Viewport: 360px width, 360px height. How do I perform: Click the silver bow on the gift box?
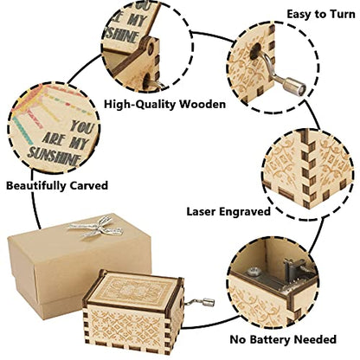click(x=95, y=227)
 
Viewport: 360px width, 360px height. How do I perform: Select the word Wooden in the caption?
click(x=202, y=104)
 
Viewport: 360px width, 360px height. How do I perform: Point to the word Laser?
click(x=201, y=211)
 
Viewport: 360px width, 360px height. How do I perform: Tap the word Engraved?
click(x=245, y=212)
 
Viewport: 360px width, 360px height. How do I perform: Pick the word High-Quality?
click(x=140, y=105)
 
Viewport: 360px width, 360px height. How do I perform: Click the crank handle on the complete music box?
click(x=201, y=302)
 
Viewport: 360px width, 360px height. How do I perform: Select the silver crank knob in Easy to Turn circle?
click(x=294, y=84)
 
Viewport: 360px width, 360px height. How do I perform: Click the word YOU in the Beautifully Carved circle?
click(x=82, y=126)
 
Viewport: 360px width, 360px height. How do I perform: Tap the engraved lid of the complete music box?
click(x=133, y=289)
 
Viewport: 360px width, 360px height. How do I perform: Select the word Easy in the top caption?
click(x=299, y=15)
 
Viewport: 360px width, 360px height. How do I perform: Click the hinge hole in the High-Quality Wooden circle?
click(x=151, y=48)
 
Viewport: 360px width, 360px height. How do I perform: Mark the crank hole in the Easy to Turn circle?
click(x=255, y=52)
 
